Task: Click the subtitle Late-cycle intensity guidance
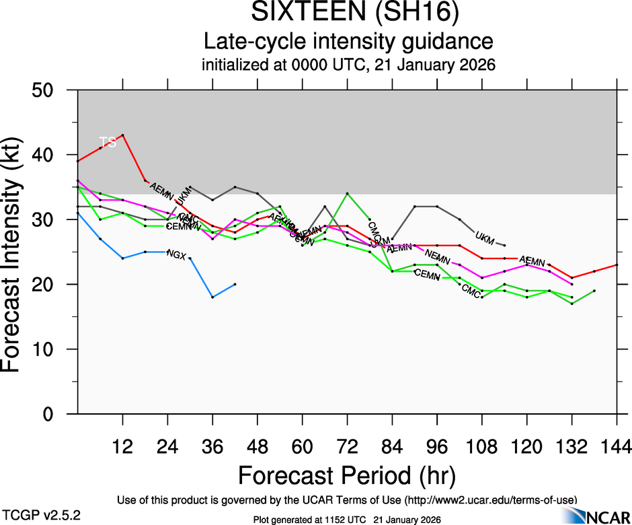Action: coord(348,42)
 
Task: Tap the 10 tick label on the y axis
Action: coord(46,349)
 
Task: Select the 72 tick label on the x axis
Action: coord(347,446)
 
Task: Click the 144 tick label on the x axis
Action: coord(617,446)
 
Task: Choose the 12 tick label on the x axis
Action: coord(122,446)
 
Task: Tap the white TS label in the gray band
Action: coord(108,141)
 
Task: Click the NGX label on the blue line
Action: coord(176,254)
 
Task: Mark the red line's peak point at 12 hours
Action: coord(122,135)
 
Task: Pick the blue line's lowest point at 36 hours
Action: coord(212,297)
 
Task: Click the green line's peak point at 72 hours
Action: coord(347,194)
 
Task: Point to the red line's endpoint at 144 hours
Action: coord(617,265)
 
